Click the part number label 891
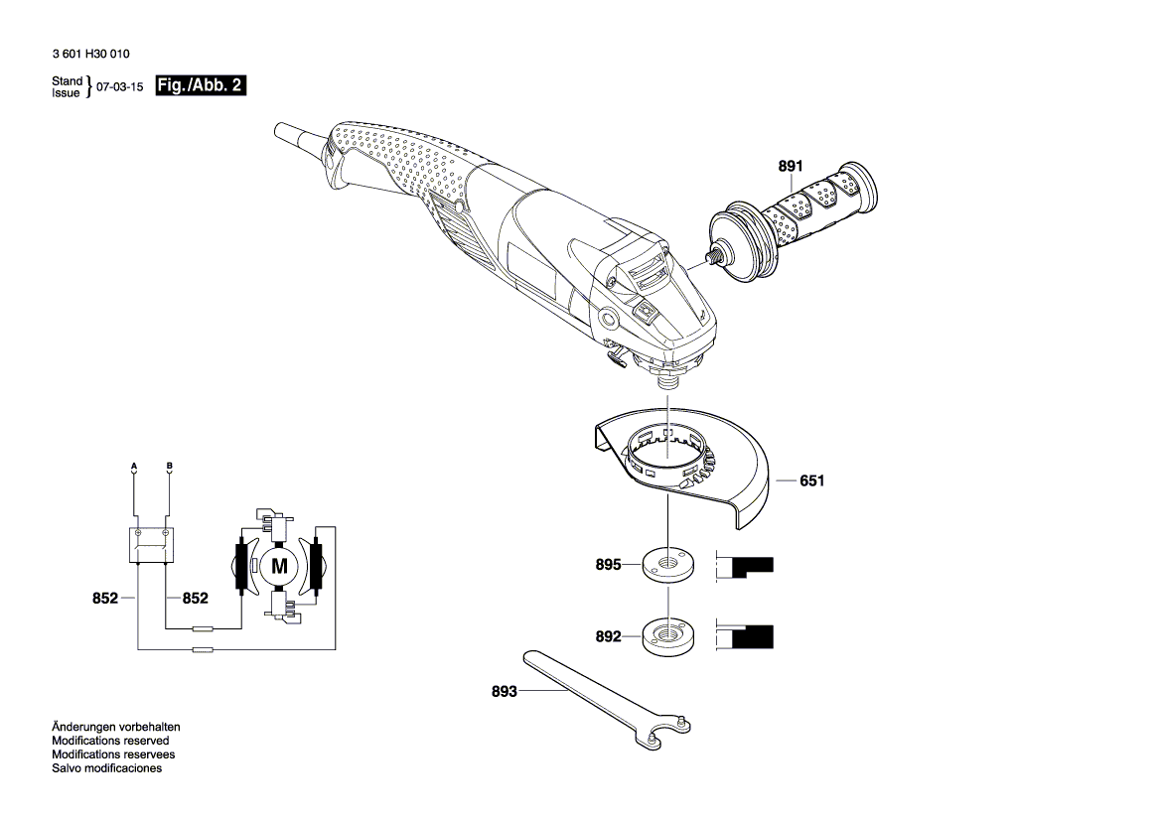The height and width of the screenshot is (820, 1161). coord(790,167)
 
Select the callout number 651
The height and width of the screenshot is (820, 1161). coord(812,480)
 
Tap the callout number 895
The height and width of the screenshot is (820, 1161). coord(608,565)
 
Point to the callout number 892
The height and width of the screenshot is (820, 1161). coord(608,636)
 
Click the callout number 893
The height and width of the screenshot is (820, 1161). coord(504,691)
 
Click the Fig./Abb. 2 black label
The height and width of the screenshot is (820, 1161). coord(201,86)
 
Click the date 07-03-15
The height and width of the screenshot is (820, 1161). coord(120,87)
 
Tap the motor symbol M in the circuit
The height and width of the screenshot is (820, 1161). coord(279,567)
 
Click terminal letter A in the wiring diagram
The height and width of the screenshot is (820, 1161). coord(135,466)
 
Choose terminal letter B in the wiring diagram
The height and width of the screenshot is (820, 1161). coord(170,466)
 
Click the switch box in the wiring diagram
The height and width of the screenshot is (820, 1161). coord(152,544)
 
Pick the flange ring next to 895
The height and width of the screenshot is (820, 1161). coord(668,565)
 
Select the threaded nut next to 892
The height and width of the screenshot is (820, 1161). coord(668,636)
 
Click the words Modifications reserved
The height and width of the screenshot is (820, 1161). coord(110,741)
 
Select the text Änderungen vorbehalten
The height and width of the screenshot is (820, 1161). coord(116,727)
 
